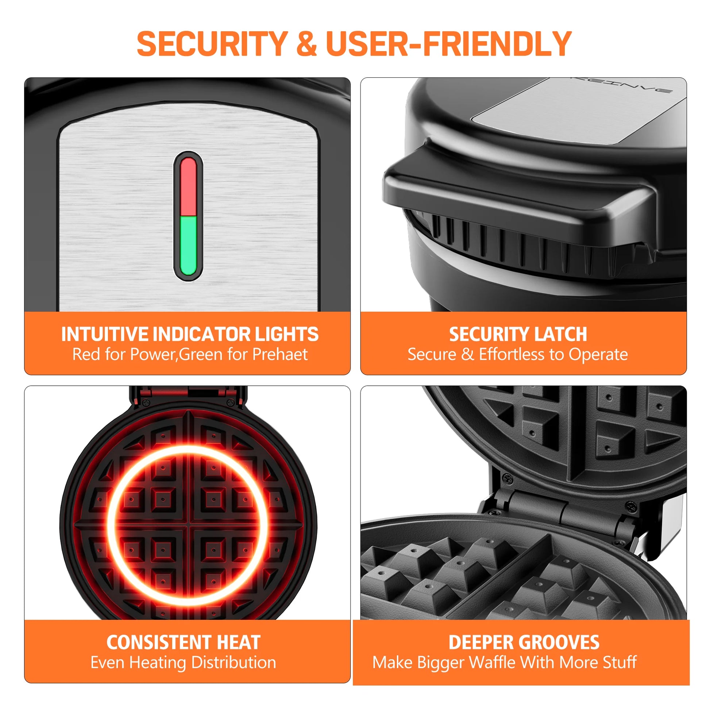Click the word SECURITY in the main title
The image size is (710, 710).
tap(212, 44)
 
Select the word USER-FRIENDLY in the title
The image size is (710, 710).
tap(448, 44)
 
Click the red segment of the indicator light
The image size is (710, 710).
tap(189, 187)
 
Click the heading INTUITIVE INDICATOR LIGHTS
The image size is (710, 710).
tap(190, 334)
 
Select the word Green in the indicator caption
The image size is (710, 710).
tap(201, 354)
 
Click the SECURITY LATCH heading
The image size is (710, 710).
tap(518, 334)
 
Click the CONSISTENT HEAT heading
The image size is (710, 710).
tap(184, 643)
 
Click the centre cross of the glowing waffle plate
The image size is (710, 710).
tap(188, 525)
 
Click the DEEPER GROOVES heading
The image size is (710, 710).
tap(524, 643)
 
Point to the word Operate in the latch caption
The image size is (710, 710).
tap(598, 354)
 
